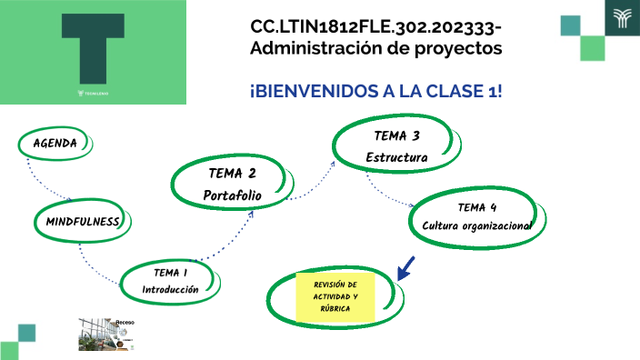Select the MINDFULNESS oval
pyautogui.click(x=84, y=221)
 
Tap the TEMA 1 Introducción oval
pyautogui.click(x=170, y=281)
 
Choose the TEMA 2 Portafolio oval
pyautogui.click(x=232, y=184)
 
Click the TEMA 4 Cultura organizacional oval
pyautogui.click(x=476, y=216)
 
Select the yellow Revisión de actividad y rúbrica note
pyautogui.click(x=335, y=296)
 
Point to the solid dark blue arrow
pyautogui.click(x=405, y=267)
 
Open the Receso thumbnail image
pyautogui.click(x=107, y=334)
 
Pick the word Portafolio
pyautogui.click(x=232, y=195)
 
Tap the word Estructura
pyautogui.click(x=396, y=157)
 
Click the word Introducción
pyautogui.click(x=170, y=290)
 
